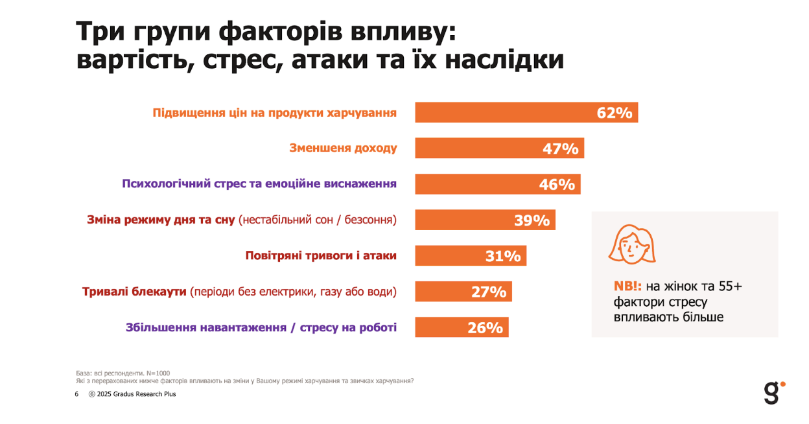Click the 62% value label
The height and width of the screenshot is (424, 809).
pyautogui.click(x=614, y=113)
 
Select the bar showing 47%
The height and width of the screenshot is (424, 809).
pyautogui.click(x=499, y=148)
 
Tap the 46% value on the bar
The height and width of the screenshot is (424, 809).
pyautogui.click(x=557, y=185)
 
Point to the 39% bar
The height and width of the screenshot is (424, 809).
pyautogui.click(x=484, y=220)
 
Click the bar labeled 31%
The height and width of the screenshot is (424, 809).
pyautogui.click(x=470, y=256)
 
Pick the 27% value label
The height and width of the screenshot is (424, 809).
pyautogui.click(x=489, y=292)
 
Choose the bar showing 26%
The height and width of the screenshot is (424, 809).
pyautogui.click(x=461, y=327)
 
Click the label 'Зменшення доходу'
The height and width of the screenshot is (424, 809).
pyautogui.click(x=343, y=148)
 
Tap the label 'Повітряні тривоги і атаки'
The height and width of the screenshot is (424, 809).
pyautogui.click(x=321, y=255)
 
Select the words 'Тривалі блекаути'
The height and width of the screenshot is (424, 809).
pyautogui.click(x=134, y=292)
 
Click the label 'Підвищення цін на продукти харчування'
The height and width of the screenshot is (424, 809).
pyautogui.click(x=274, y=113)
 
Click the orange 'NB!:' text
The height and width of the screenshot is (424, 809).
pyautogui.click(x=628, y=287)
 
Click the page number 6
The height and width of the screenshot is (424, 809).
pyautogui.click(x=76, y=394)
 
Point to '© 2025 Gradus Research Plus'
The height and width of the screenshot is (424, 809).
pyautogui.click(x=132, y=394)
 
